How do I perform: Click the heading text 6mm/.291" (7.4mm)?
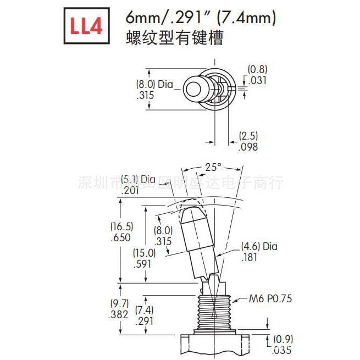pyautogui.click(x=200, y=19)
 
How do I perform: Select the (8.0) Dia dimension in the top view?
pyautogui.click(x=154, y=85)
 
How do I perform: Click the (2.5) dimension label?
pyautogui.click(x=248, y=136)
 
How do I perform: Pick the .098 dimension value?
pyautogui.click(x=248, y=147)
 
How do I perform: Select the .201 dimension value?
pyautogui.click(x=130, y=191)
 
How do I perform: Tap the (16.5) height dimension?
pyautogui.click(x=121, y=226)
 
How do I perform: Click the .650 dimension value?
pyautogui.click(x=120, y=238)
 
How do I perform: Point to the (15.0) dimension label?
pyautogui.click(x=144, y=253)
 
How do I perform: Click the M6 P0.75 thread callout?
pyautogui.click(x=270, y=299)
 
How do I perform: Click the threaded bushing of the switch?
pyautogui.click(x=211, y=314)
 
